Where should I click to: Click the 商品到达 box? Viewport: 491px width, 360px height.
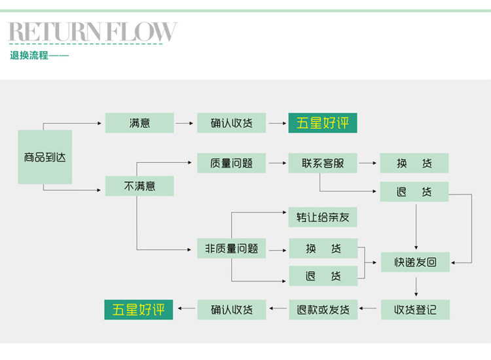[x=45, y=158]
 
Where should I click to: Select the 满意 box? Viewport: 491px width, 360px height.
[x=139, y=123]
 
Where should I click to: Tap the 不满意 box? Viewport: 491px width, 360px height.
[x=139, y=186]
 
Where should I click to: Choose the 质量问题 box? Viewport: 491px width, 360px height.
[x=232, y=163]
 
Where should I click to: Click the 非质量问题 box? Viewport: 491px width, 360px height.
[x=232, y=249]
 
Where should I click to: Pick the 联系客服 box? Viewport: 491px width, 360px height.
[x=323, y=163]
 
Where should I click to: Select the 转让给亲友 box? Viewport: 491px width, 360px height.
[x=323, y=217]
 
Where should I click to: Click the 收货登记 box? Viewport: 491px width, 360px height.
[x=415, y=309]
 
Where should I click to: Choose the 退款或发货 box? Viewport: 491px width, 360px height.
[x=323, y=309]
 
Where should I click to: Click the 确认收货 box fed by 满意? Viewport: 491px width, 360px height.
[x=232, y=123]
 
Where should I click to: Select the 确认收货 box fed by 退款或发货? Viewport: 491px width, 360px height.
[x=232, y=309]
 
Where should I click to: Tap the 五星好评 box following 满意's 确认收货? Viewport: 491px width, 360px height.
[x=323, y=123]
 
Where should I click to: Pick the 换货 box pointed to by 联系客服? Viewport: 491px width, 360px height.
[x=414, y=163]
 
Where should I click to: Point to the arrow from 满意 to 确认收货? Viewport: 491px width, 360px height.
[x=185, y=123]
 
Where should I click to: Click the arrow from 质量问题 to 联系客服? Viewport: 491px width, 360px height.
[x=277, y=163]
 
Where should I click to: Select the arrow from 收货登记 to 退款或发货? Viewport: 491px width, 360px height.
[x=370, y=309]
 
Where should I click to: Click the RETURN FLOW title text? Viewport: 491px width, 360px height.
[x=92, y=32]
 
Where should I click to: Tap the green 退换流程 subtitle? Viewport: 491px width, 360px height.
[x=29, y=56]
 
